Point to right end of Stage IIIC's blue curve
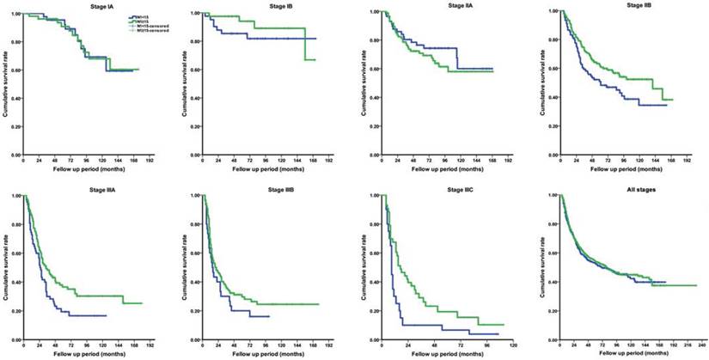498,333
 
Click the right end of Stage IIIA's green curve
142,303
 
